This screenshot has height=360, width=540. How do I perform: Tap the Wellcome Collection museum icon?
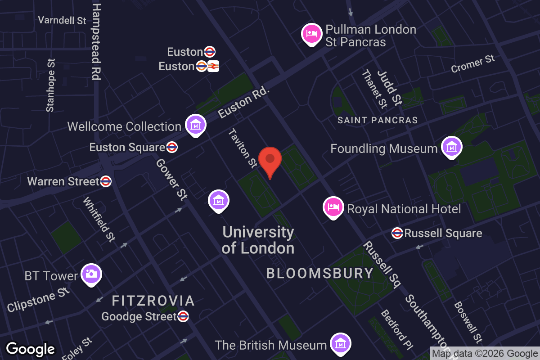click(196, 126)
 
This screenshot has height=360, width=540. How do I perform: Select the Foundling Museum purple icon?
click(451, 147)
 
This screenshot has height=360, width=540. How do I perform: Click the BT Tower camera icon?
click(91, 274)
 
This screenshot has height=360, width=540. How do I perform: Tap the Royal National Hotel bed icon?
click(333, 207)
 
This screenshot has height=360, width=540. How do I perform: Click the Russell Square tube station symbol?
click(397, 233)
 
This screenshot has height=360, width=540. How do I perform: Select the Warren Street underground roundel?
click(106, 181)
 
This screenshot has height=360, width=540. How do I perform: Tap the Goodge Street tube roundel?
click(183, 316)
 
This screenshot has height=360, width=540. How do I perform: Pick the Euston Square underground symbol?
click(171, 147)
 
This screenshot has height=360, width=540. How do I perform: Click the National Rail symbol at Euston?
click(213, 66)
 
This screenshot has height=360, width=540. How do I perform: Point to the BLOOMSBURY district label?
click(320, 273)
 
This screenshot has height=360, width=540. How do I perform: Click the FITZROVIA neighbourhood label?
click(153, 301)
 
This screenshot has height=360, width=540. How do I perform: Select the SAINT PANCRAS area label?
click(378, 120)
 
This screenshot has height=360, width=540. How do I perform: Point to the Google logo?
click(30, 349)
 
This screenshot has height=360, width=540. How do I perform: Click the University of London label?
click(258, 240)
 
